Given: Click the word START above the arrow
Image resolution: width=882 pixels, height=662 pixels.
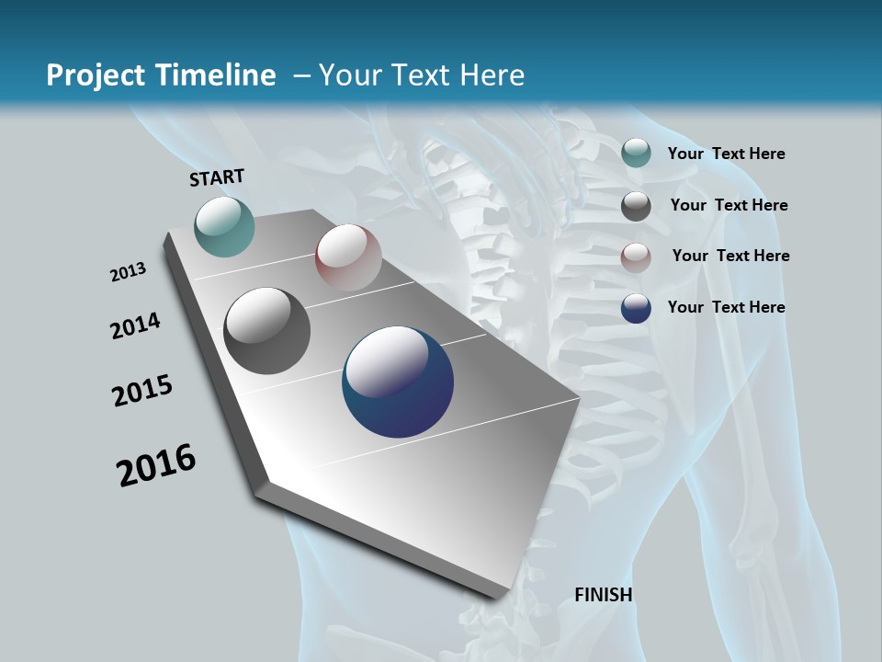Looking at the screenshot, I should (217, 177).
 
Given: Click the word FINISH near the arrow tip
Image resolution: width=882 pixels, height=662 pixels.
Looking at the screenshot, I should (604, 595).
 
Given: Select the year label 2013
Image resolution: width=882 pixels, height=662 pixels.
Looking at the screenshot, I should (128, 272).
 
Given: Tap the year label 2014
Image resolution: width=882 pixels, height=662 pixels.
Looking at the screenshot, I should (135, 325).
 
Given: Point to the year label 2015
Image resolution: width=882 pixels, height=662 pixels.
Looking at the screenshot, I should (142, 391).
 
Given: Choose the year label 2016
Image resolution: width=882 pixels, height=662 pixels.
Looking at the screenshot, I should (156, 465).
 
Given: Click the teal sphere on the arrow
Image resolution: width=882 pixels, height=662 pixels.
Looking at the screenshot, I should (224, 226).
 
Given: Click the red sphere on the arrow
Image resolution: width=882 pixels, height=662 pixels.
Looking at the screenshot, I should (348, 257).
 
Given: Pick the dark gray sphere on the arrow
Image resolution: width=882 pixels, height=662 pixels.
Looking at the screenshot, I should (266, 331).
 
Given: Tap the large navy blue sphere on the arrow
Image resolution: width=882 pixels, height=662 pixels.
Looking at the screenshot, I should (398, 382).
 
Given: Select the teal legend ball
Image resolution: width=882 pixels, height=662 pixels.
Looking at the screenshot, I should (636, 153).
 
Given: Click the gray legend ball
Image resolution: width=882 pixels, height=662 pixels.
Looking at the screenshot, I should (636, 206).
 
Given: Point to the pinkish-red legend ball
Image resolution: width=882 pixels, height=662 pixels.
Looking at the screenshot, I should (636, 257).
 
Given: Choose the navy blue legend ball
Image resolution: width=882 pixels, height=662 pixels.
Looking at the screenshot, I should (636, 308).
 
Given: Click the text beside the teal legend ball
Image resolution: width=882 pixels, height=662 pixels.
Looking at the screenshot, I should (726, 154).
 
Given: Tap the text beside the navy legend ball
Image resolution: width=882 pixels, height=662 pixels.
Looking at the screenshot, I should (726, 307).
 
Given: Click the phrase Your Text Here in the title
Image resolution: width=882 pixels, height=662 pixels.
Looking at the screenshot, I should (422, 75).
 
